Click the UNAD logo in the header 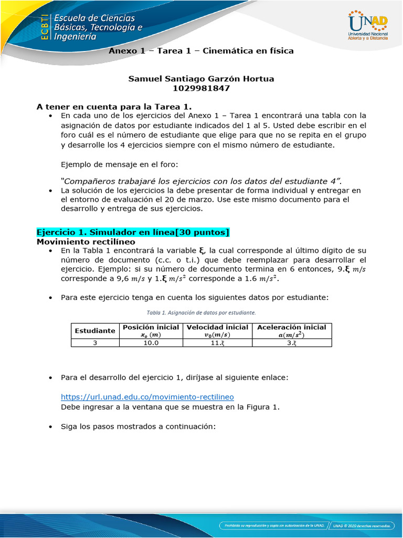[367, 26]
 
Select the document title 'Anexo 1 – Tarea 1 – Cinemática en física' [201, 51]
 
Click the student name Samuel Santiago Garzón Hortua [201, 79]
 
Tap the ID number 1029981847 [201, 88]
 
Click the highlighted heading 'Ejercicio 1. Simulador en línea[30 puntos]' [133, 232]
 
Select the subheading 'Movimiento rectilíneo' [86, 242]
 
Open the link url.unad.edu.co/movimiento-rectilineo [147, 397]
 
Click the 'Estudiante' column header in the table [95, 330]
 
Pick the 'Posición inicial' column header [151, 330]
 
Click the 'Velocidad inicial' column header [217, 330]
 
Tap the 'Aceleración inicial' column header [292, 330]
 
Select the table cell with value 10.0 [151, 343]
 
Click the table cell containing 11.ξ [217, 343]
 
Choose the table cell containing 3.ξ [292, 343]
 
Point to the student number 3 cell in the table [95, 343]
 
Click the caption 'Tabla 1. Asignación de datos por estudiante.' [201, 312]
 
